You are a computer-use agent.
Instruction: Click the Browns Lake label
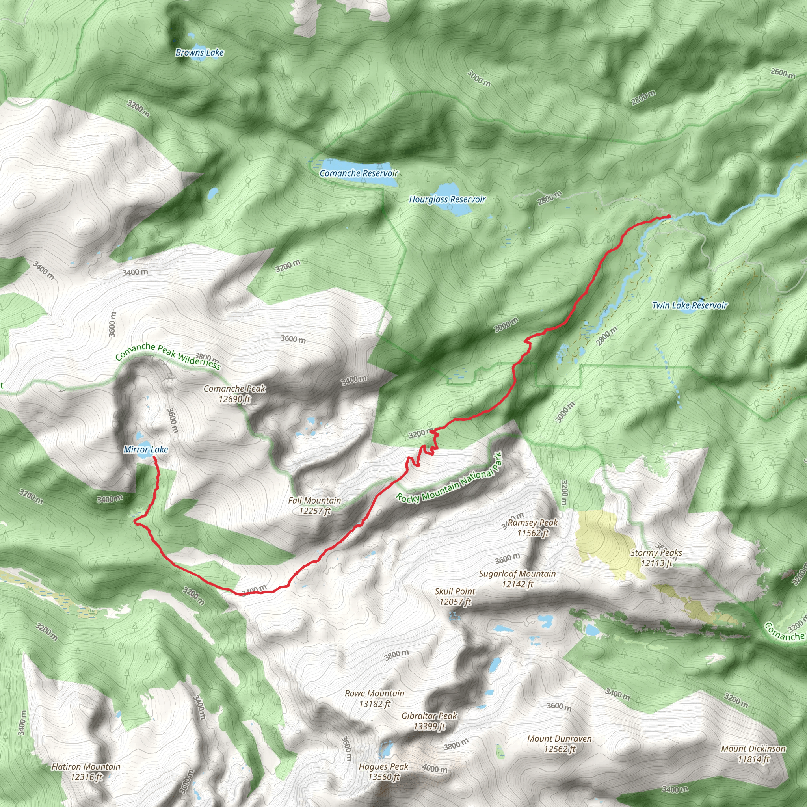coord(199,53)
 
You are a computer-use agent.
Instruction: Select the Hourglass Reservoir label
coord(447,200)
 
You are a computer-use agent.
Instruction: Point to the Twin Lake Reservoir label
coord(689,305)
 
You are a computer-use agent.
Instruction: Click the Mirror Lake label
coord(145,450)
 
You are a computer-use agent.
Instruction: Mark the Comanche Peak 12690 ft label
coord(234,394)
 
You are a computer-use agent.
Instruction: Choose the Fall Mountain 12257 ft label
coord(314,506)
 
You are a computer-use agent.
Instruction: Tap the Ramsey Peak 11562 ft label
coord(533,528)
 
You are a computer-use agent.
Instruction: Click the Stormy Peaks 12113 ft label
coord(656,558)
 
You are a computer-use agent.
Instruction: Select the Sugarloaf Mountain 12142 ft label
coord(517,579)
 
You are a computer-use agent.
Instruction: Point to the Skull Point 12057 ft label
coord(454,597)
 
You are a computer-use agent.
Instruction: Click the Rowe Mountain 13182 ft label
coord(374,698)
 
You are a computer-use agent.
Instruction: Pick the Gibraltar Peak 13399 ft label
coord(430,721)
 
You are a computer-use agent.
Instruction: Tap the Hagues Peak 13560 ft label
coord(383,772)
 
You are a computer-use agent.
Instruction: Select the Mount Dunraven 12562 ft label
coord(559,744)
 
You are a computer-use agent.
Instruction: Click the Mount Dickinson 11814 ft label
coord(753,754)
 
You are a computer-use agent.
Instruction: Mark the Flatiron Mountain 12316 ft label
coord(86,772)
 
